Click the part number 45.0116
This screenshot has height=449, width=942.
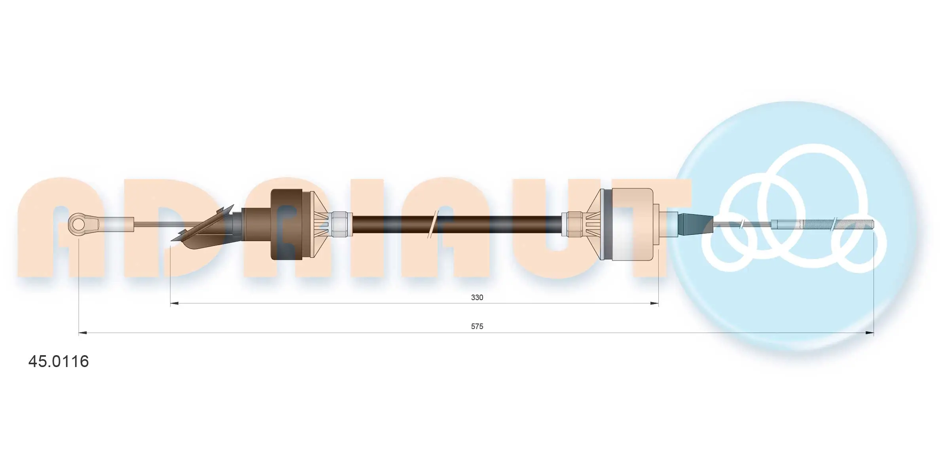click(x=59, y=361)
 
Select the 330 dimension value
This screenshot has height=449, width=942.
click(x=477, y=297)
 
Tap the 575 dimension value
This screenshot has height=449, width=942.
click(x=477, y=326)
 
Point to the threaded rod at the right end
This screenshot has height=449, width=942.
click(x=823, y=224)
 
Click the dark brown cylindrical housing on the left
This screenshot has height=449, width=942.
click(x=287, y=224)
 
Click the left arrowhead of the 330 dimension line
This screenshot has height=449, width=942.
click(x=174, y=304)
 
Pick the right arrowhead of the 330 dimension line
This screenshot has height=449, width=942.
click(x=654, y=304)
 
